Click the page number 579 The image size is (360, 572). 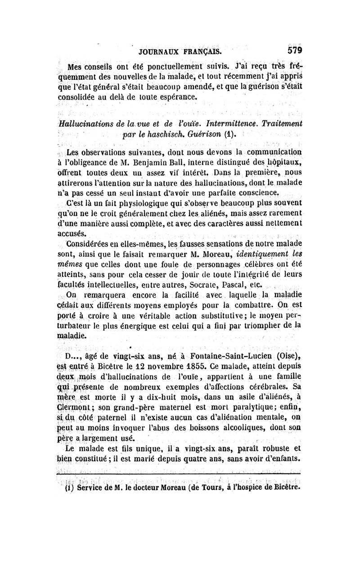click(292, 50)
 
